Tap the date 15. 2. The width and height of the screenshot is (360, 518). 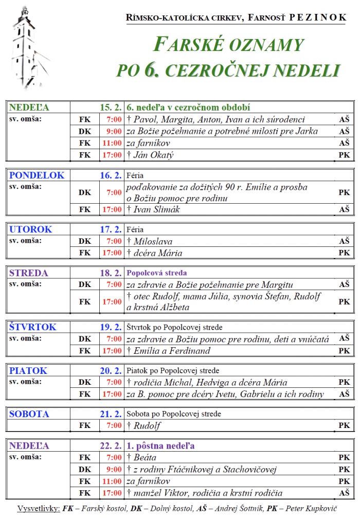[x=111, y=108]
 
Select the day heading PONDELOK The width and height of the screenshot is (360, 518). [x=37, y=175]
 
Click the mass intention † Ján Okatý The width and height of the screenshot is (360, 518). [x=152, y=155]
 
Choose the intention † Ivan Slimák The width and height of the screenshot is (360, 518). [x=154, y=209]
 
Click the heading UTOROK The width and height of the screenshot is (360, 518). [x=31, y=229]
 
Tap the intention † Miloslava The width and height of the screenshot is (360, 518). [x=150, y=241]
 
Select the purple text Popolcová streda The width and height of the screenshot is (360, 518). [x=156, y=273]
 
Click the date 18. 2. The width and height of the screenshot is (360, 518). [x=111, y=273]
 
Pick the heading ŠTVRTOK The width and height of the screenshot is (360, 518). [x=32, y=327]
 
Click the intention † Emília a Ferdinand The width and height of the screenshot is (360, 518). [x=169, y=351]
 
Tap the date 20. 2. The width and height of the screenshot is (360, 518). [x=111, y=371]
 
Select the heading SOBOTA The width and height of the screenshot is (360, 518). [x=29, y=414]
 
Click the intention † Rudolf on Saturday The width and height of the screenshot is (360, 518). [x=143, y=425]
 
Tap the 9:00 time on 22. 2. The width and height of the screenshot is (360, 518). [x=114, y=469]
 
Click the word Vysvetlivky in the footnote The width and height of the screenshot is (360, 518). [x=38, y=509]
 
